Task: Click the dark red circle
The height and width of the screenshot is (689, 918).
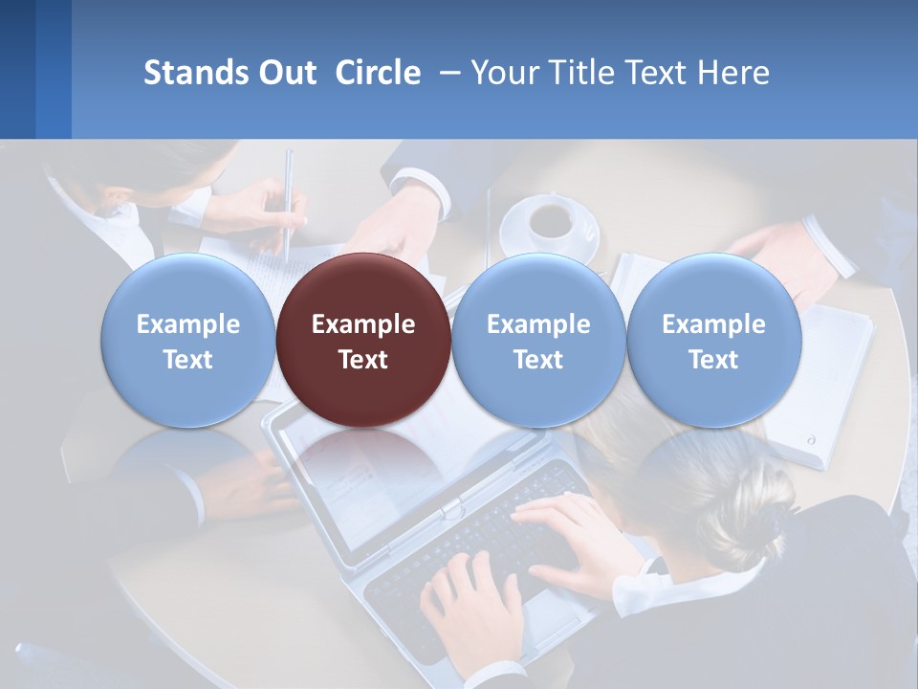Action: tap(362, 340)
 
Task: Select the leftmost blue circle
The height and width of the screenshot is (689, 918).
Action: tap(187, 340)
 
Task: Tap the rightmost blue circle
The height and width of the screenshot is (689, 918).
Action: tap(713, 340)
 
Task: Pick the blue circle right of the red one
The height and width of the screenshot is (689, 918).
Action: tap(537, 340)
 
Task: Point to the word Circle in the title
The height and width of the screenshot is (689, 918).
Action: tap(378, 73)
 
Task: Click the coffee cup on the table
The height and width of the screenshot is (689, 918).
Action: tap(549, 221)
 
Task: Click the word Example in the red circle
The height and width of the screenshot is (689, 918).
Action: tap(362, 324)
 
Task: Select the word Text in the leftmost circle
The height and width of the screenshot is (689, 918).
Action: tap(187, 360)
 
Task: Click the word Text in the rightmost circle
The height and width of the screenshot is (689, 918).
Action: tap(713, 360)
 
